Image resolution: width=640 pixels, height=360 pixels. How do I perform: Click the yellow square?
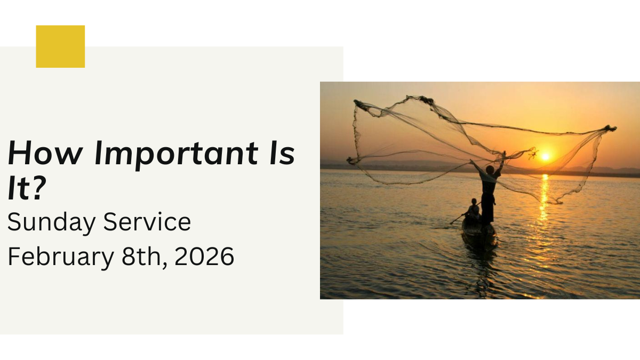(60, 46)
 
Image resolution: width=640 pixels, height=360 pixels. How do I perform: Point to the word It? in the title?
(25, 189)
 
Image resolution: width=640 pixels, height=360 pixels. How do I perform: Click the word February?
(60, 257)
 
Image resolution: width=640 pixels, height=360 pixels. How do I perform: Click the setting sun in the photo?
(545, 157)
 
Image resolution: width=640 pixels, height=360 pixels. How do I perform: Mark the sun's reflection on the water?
(543, 197)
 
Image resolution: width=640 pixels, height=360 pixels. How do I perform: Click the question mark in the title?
(35, 189)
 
